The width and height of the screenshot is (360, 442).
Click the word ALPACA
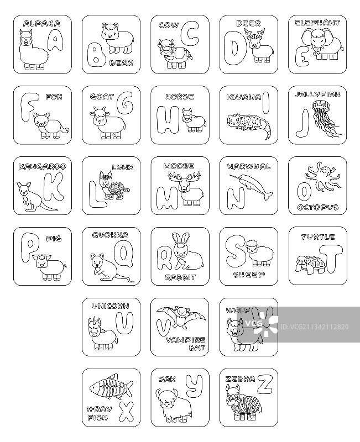point(42,23)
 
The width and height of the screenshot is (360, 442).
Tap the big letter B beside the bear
point(95,56)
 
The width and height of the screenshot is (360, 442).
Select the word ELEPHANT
point(317,23)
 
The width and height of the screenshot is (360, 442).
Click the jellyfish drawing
point(325,119)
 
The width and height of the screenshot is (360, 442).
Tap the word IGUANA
point(243,98)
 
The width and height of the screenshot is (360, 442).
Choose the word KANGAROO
point(43,167)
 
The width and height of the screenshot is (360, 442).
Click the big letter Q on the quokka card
point(123,254)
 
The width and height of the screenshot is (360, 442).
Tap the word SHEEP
point(249,275)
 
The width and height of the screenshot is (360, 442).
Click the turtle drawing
point(308,264)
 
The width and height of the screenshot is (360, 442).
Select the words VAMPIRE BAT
point(186,344)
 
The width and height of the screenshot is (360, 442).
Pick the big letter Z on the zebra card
point(265,383)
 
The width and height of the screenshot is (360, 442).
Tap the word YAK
point(167,380)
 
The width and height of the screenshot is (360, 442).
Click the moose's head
point(184,186)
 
